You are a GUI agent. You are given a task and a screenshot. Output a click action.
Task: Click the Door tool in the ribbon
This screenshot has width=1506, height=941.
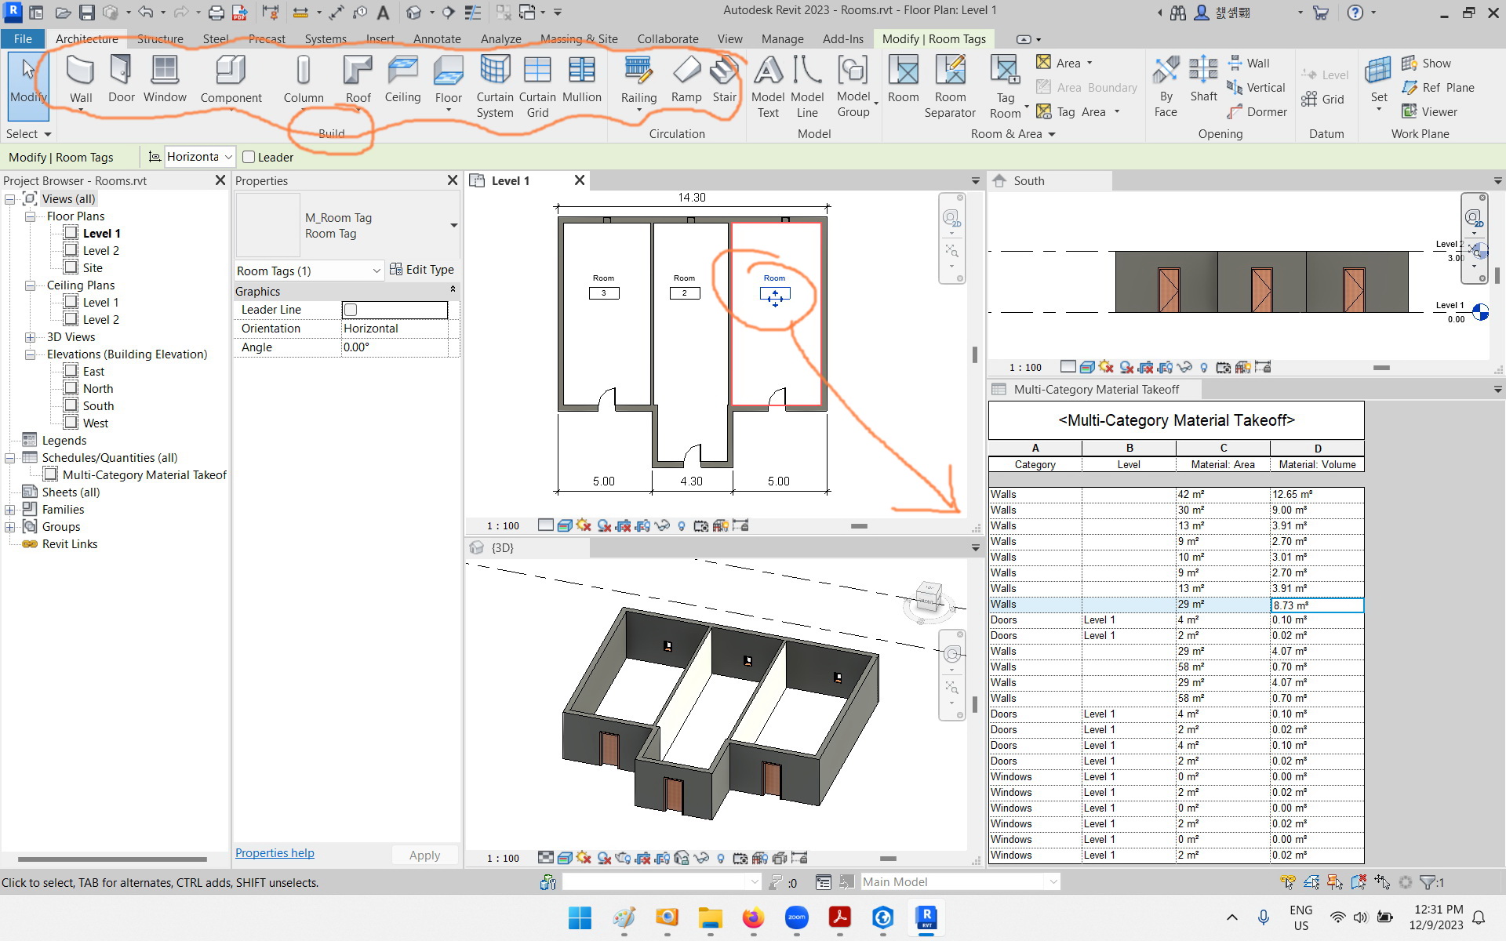[x=121, y=79]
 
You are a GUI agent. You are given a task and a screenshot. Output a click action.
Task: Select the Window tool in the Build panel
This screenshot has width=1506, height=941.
[x=165, y=79]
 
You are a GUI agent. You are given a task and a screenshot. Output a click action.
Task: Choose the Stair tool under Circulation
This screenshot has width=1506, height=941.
[x=724, y=79]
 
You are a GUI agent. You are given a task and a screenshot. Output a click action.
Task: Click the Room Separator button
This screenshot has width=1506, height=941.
[x=950, y=86]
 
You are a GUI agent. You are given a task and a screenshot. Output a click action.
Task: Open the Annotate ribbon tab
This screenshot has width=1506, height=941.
[x=437, y=39]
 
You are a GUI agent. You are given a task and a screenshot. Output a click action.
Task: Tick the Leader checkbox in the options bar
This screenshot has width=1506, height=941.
[x=249, y=157]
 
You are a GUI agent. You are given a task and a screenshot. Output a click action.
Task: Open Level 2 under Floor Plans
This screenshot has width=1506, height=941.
[x=101, y=251]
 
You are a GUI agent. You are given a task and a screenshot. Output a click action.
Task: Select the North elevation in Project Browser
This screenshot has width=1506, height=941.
[x=98, y=389]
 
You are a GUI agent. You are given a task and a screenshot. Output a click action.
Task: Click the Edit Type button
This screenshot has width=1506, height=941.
[x=422, y=270]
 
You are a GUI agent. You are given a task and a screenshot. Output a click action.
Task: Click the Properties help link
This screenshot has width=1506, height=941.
[x=275, y=853]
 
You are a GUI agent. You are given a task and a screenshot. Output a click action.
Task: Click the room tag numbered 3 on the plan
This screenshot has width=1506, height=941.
[x=604, y=293]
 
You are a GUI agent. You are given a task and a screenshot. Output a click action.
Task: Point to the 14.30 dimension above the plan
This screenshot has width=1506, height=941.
[x=692, y=198]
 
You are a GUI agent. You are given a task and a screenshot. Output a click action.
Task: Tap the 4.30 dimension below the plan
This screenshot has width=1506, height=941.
[x=691, y=481]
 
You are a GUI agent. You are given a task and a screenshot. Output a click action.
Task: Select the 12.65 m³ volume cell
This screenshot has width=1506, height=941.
[x=1316, y=495]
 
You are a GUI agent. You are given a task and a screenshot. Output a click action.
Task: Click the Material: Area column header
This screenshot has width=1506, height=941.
[x=1223, y=464]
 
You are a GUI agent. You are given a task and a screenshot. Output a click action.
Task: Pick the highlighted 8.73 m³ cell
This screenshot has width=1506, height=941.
[x=1316, y=605]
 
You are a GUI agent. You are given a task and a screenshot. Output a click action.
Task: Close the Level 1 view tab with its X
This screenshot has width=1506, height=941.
[x=580, y=180]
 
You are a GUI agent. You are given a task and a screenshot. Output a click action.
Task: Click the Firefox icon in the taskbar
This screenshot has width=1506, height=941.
[x=753, y=917]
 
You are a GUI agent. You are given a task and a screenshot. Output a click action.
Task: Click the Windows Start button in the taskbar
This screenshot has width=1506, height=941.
[x=580, y=917]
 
